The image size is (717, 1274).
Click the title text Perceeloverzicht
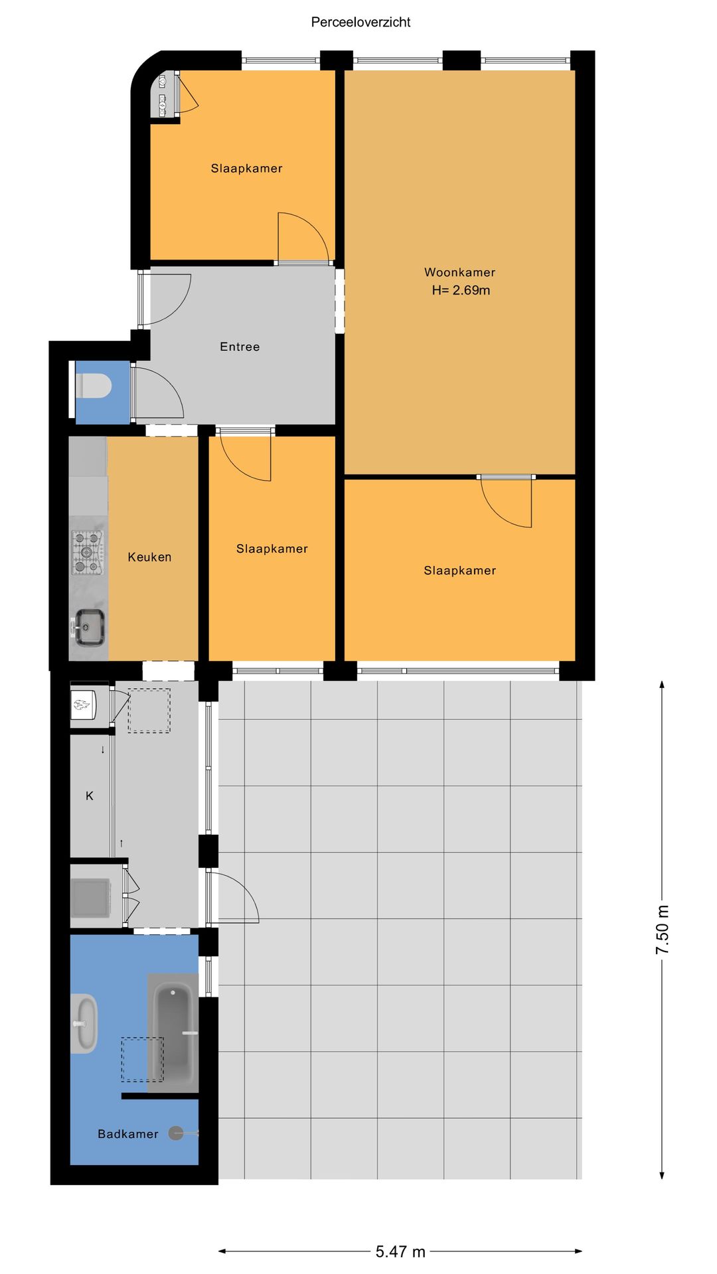coord(360,22)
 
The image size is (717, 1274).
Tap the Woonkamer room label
coord(459,272)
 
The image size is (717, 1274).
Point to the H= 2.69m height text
coord(461,290)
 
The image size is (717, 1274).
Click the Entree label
coord(240,346)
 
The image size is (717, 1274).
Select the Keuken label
coord(149,557)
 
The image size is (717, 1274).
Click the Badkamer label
coord(128,1134)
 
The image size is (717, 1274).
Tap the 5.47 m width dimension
coord(400,1251)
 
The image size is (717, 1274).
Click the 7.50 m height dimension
coord(662,929)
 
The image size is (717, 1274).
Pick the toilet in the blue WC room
coord(94,386)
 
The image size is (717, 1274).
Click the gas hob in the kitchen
coord(88,552)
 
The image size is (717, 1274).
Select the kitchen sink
coord(88,627)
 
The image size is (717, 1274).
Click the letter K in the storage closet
coord(90,796)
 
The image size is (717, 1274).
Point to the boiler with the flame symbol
coord(84,705)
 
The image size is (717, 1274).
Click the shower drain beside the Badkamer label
coord(176,1133)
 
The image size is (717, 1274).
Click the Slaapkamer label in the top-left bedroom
coord(247,169)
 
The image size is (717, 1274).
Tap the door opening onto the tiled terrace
coord(232,897)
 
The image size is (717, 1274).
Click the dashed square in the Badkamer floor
coord(142,1060)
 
